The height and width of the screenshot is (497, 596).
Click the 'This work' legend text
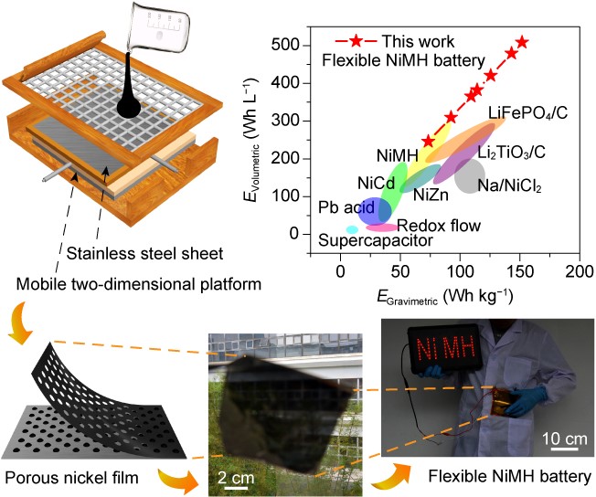point(418,41)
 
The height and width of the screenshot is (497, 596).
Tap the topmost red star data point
point(522,42)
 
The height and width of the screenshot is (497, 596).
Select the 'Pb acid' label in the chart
point(343,206)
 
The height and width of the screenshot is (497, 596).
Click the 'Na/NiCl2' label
point(510,187)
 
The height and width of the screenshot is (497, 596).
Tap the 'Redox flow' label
point(440,226)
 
